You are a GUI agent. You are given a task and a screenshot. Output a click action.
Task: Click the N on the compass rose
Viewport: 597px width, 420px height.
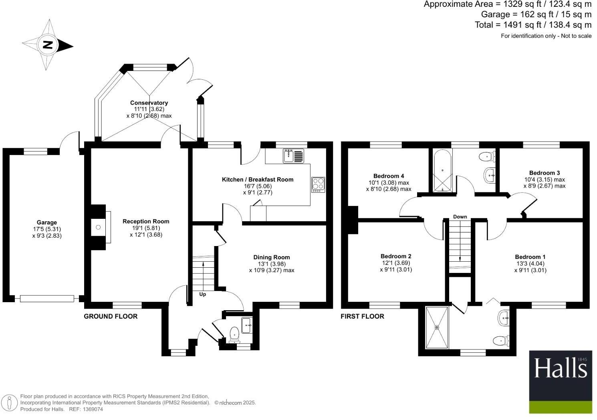48,44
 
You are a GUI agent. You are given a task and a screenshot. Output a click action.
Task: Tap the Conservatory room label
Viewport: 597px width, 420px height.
149,103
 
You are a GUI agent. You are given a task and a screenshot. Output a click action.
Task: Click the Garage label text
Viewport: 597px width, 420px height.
47,222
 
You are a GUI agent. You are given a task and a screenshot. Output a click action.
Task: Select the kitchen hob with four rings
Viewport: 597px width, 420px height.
318,184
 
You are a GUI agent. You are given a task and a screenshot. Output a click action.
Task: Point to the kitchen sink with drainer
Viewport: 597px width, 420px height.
294,155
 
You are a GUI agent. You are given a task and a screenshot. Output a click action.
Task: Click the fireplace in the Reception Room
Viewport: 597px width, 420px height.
99,227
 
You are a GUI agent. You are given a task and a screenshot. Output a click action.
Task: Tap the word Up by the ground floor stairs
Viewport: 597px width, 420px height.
202,294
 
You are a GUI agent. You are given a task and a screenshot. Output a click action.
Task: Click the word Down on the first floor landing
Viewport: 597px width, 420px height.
460,217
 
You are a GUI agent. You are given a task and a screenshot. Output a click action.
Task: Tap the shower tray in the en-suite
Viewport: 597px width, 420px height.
437,327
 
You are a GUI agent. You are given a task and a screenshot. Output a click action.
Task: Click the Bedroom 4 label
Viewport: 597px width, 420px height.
388,176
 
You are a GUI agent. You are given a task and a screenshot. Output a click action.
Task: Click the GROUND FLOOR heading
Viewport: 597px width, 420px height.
111,316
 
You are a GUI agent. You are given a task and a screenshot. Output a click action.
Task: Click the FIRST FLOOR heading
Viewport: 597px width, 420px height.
362,316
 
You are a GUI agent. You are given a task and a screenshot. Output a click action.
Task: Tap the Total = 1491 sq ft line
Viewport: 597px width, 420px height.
533,25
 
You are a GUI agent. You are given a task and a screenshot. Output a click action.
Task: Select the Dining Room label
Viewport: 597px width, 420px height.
271,257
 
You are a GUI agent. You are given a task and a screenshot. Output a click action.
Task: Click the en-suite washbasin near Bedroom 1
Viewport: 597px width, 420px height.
504,318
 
